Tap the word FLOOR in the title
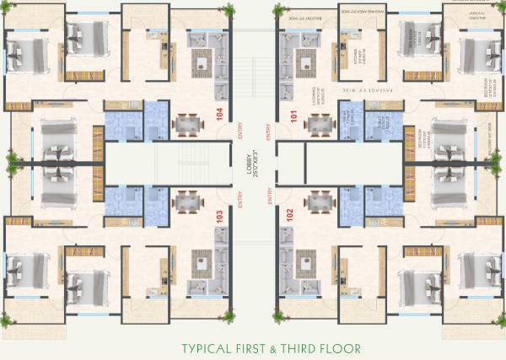point(343,347)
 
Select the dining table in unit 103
point(187,202)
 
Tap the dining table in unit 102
point(319,202)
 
